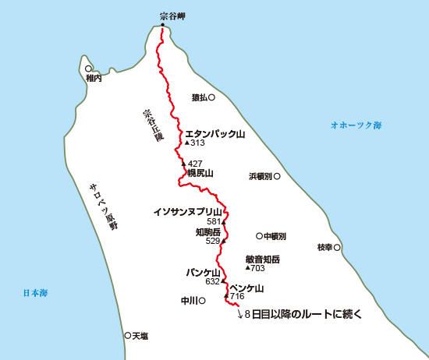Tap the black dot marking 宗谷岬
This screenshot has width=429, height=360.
163,25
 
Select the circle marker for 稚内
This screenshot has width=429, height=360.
88,69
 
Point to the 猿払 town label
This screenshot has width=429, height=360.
199,98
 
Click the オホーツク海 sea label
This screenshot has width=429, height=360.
356,125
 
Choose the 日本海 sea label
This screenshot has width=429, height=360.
35,294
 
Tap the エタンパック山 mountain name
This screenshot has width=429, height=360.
214,134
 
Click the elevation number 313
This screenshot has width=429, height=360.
197,143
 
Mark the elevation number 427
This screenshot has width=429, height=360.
196,164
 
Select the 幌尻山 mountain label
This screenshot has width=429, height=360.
200,174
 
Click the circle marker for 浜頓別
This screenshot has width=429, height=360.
277,176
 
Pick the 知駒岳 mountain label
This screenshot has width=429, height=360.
208,232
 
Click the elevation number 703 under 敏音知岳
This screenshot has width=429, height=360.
258,268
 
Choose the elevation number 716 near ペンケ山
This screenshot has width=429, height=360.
237,297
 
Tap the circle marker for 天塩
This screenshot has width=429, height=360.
127,335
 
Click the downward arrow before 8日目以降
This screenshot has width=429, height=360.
239,316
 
